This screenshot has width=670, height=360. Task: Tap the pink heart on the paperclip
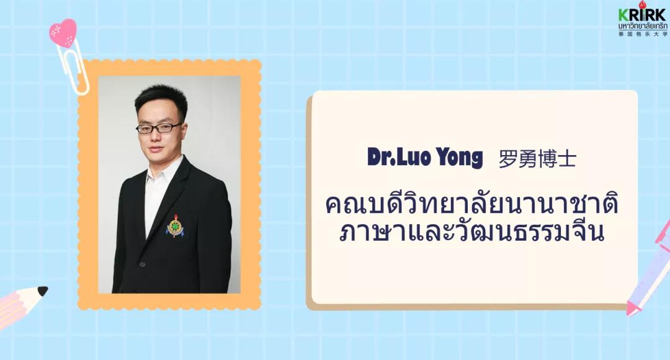coord(63,32)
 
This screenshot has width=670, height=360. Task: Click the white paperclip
coord(73,68)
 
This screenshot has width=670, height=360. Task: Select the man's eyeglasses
coord(159,128)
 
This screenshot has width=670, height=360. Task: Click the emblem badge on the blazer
coord(175,226)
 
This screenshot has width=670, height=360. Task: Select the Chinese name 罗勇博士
coord(537,159)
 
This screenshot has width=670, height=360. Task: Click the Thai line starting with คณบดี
coord(471,204)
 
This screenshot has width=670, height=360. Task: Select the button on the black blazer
coord(142,264)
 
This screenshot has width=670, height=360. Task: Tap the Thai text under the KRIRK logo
coord(642,27)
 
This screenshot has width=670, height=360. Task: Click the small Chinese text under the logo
coord(642,34)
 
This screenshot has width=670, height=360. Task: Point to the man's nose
coord(156,137)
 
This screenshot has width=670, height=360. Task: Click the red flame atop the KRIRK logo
coord(641,5)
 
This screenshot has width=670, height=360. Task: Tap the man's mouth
coord(156,150)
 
